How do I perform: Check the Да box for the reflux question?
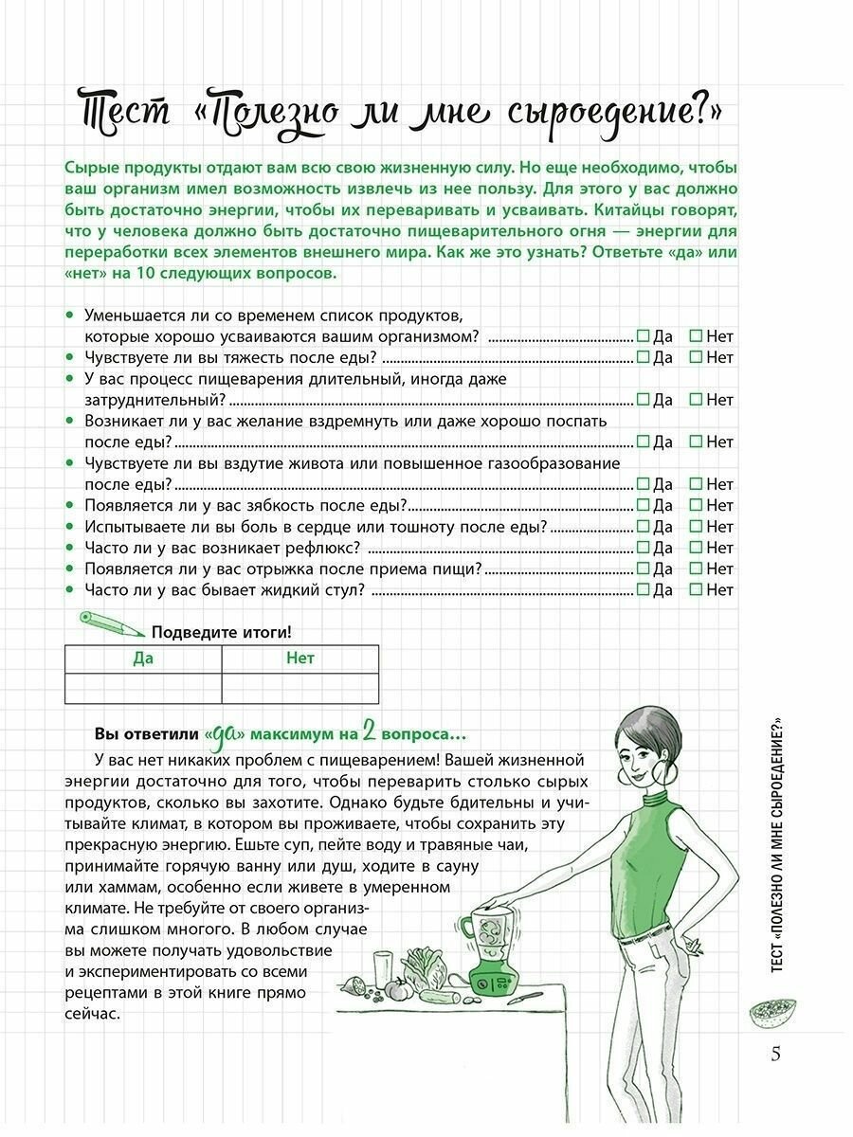click(643, 547)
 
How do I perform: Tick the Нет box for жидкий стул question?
click(696, 589)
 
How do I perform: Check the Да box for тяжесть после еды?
click(643, 357)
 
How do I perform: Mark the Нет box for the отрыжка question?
click(696, 568)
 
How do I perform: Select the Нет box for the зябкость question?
click(696, 505)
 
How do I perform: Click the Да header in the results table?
click(143, 659)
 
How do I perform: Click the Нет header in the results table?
click(299, 659)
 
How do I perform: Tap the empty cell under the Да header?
click(143, 688)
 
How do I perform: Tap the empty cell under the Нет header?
click(299, 688)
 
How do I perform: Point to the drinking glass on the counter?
click(383, 968)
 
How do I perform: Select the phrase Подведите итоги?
click(222, 632)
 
